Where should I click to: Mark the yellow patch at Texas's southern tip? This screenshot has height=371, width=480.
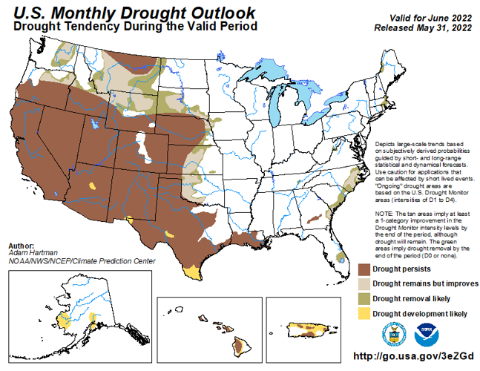pos(192,272)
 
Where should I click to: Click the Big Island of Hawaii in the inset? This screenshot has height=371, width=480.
pos(240,346)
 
